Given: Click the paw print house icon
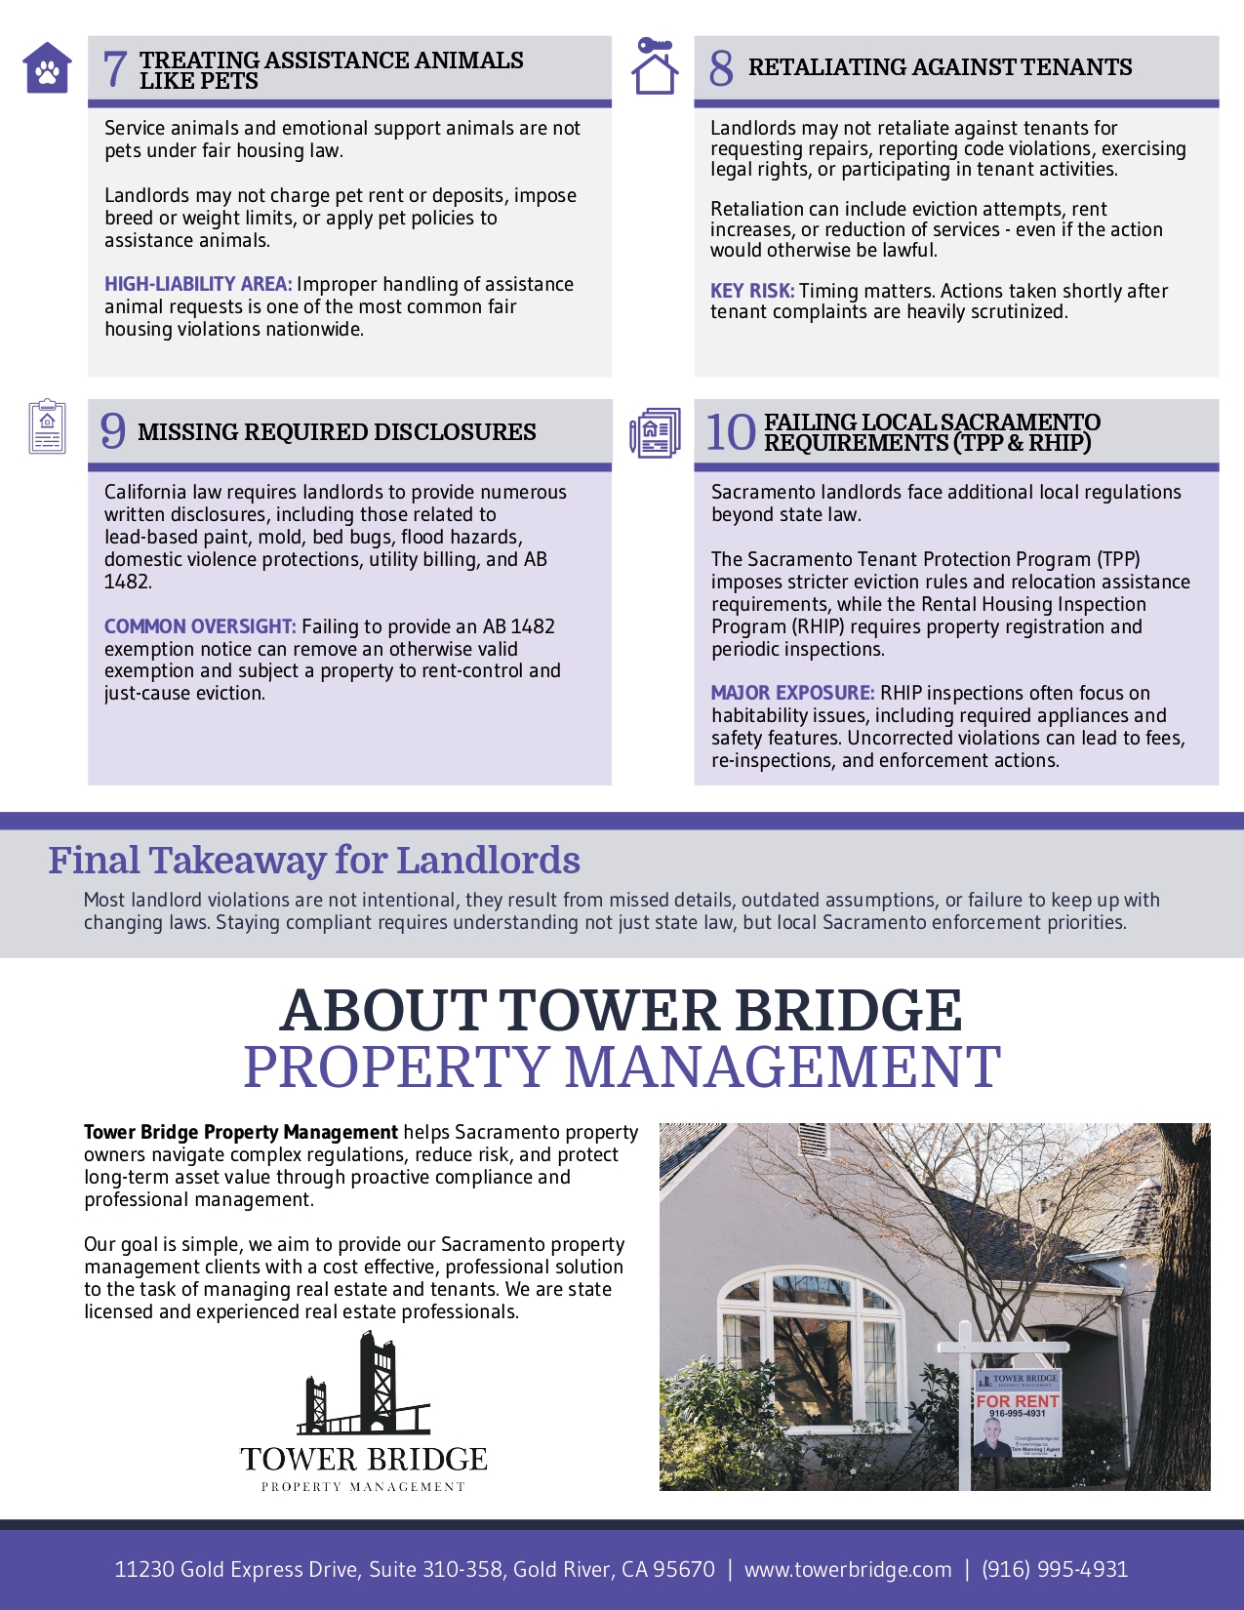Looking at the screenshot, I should (47, 68).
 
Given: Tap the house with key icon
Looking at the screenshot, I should (655, 66).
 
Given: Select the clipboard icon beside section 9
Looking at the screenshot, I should (47, 426).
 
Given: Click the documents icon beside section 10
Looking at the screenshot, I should (655, 433).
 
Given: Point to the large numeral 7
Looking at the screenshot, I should (114, 69).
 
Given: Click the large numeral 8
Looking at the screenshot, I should (721, 67).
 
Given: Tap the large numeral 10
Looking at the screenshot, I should (730, 432).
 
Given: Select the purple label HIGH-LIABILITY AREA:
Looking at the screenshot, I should (198, 284).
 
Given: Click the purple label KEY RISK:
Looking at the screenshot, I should (752, 291).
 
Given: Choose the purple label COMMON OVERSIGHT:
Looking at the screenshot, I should (200, 626).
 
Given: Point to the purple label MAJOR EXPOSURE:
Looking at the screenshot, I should (792, 693).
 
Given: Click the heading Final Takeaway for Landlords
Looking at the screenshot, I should (314, 861).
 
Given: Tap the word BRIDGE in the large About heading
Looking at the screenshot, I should (848, 1010).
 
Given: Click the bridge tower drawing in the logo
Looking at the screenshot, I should (364, 1386).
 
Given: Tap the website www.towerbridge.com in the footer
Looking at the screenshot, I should (848, 1569).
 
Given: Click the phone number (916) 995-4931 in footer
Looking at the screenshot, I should (1055, 1569).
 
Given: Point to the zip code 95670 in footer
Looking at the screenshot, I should (684, 1569).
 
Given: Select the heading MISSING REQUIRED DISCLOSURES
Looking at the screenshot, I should (337, 432).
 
